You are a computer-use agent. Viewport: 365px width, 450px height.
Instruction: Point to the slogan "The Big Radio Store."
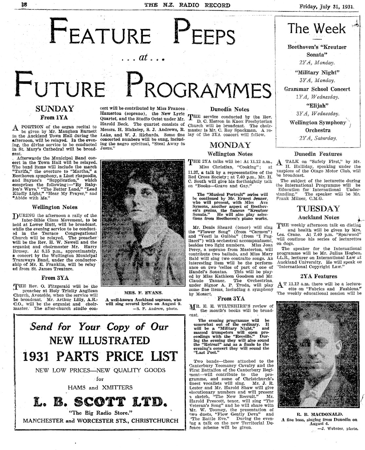point(100,412)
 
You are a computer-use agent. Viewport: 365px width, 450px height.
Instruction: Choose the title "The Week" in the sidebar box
point(317,29)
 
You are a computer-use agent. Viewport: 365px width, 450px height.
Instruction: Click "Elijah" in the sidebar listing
point(317,106)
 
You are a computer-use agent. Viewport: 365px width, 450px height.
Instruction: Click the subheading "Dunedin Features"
point(318,154)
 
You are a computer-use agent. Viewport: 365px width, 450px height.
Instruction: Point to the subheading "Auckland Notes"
point(318,217)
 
